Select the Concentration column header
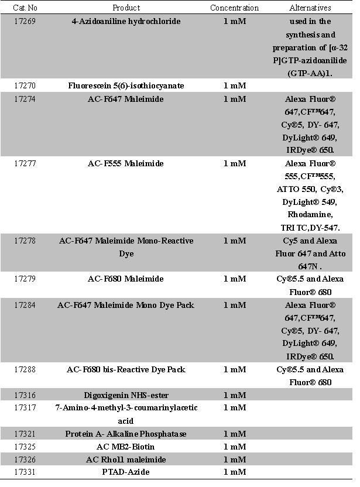tap(234, 8)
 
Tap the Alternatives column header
tap(310, 8)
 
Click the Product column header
tap(126, 8)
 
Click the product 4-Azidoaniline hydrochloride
tap(126, 22)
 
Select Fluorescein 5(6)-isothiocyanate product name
tap(126, 86)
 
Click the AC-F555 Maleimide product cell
tap(126, 163)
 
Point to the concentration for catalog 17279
tap(234, 279)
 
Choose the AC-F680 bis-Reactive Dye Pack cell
tap(126, 369)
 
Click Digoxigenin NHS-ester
tap(126, 395)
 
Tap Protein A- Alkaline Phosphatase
tap(126, 434)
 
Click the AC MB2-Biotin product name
tap(126, 447)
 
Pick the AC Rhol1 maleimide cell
tap(126, 459)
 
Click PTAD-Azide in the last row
tap(126, 472)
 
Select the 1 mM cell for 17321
tap(234, 434)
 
